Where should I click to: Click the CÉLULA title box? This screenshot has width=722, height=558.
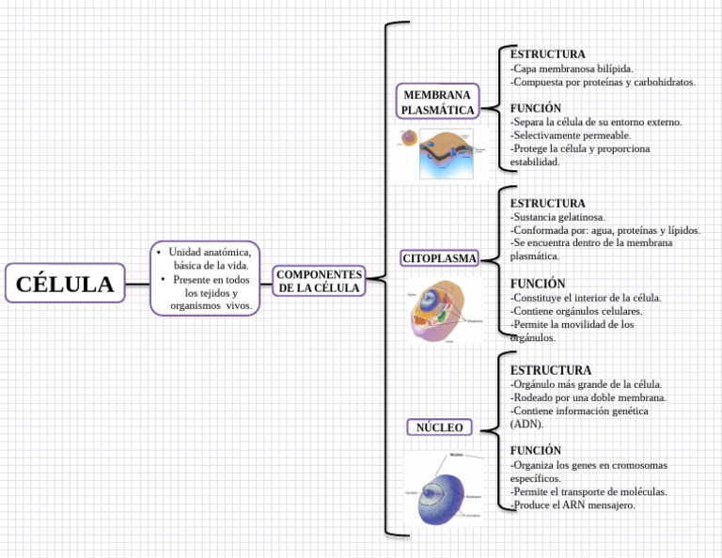(65, 283)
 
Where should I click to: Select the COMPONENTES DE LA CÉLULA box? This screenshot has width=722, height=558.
(319, 280)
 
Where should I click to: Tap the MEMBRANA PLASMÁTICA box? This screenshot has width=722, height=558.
(438, 101)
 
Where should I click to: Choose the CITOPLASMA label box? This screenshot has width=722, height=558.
(440, 257)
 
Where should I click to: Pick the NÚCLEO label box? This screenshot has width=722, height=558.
(440, 427)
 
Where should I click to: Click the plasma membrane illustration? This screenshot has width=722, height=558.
(442, 152)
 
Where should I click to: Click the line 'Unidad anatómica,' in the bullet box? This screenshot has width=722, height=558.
(209, 253)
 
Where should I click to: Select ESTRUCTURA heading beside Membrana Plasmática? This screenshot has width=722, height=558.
(548, 54)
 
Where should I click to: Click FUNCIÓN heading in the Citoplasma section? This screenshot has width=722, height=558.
(538, 284)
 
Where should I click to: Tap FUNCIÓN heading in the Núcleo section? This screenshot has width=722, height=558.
(536, 451)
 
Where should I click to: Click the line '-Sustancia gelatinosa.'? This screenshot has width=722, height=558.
(557, 217)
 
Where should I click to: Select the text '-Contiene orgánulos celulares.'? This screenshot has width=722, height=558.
(576, 311)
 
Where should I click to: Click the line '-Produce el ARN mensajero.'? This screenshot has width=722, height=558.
(573, 504)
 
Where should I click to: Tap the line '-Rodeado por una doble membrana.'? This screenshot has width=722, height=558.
(589, 397)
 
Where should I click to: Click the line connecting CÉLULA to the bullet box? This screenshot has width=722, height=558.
(137, 283)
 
